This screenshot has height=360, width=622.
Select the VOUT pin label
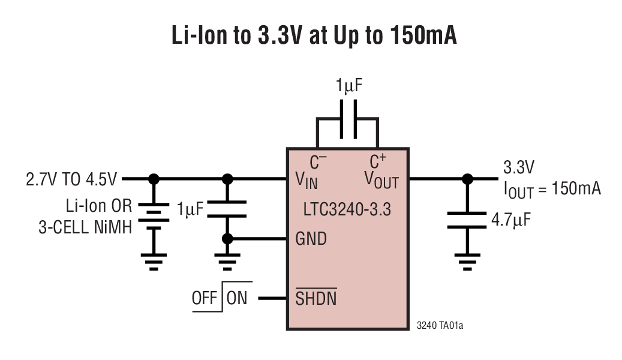tap(381, 179)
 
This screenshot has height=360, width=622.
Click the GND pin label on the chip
tap(311, 239)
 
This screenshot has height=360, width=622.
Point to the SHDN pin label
tap(315, 298)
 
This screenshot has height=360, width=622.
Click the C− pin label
tap(318, 161)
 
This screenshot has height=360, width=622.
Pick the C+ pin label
tap(377, 161)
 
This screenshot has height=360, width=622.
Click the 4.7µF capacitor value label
tap(510, 220)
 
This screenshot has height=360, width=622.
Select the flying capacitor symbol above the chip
tap(347, 119)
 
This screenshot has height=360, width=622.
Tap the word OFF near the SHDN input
tap(205, 298)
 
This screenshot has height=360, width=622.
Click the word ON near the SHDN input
tap(237, 298)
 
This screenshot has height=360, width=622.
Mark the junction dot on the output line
tap(467, 178)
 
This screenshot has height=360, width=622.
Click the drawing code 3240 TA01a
tap(440, 326)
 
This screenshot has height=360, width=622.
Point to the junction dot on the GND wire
tap(227, 239)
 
